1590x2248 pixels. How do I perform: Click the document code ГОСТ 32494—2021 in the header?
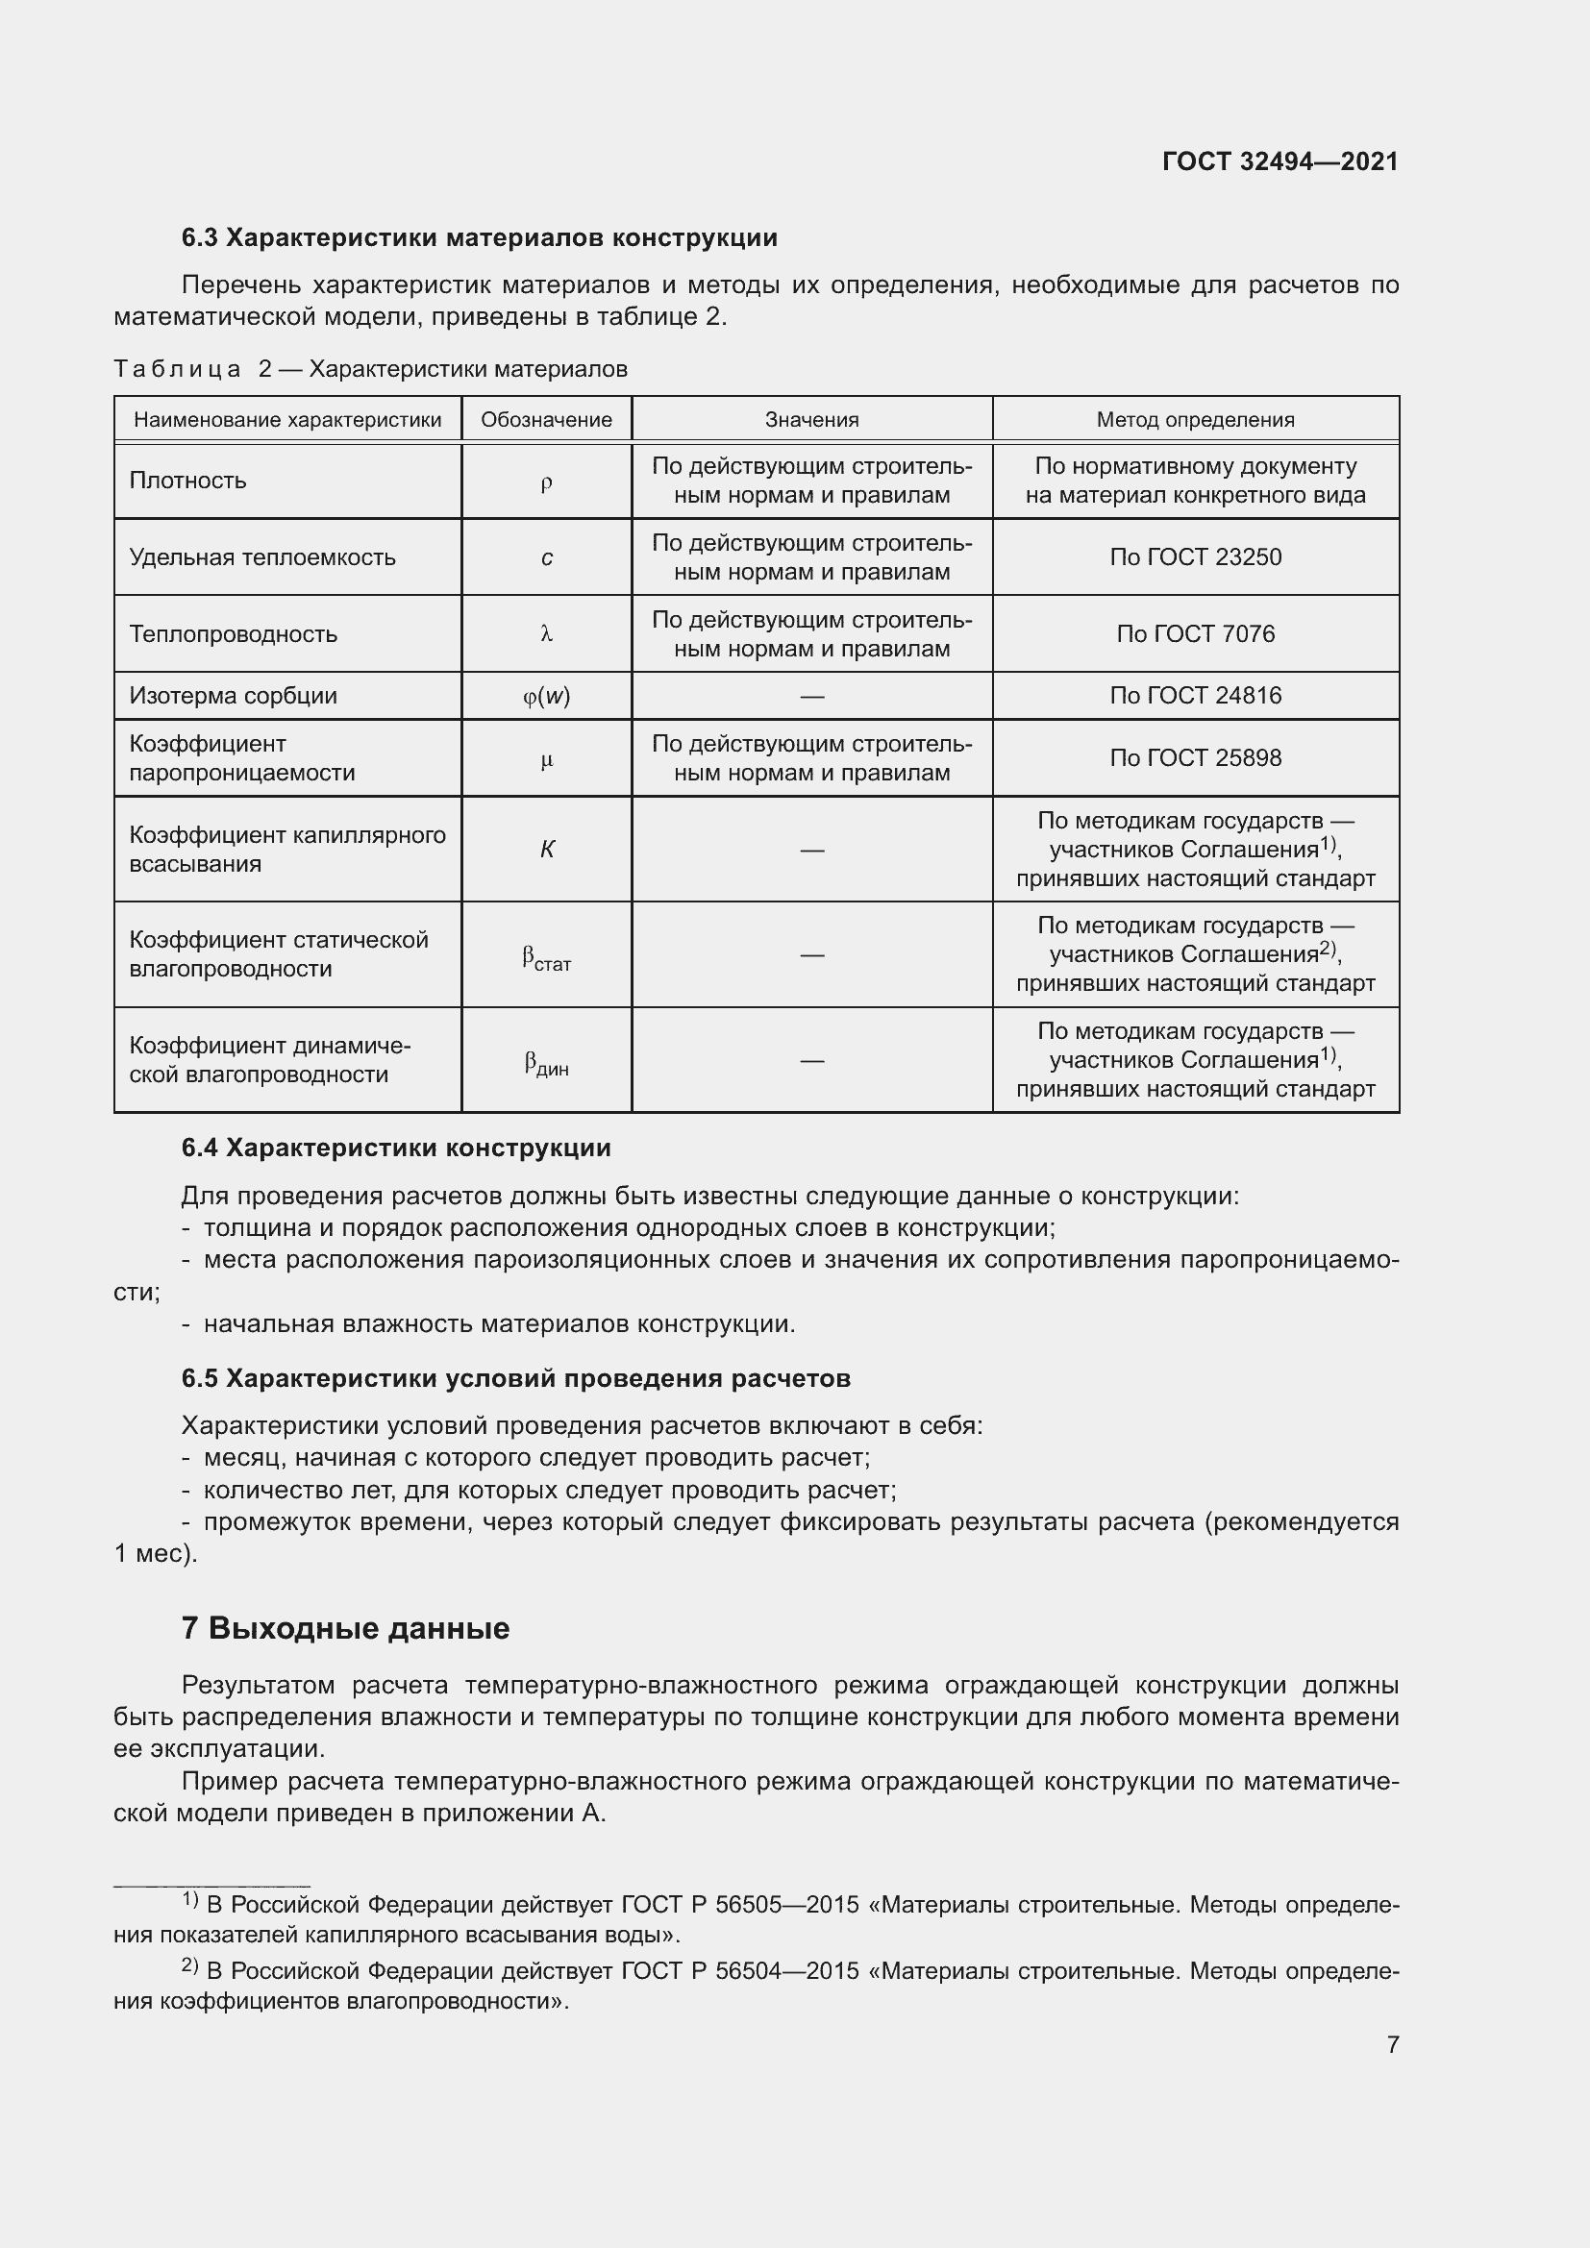coord(1279,161)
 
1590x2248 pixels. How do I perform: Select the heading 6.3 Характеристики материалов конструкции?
coord(479,238)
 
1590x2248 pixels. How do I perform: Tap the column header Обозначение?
coord(546,420)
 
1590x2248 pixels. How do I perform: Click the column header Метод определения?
coord(1195,420)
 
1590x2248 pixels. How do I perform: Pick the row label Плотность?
coord(188,481)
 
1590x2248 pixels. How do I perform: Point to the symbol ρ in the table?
coord(546,482)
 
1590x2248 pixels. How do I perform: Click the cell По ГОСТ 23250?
coord(1195,557)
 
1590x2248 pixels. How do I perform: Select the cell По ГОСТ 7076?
coord(1195,634)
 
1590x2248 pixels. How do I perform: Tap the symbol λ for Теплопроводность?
coord(546,634)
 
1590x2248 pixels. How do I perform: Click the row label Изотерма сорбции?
coord(233,696)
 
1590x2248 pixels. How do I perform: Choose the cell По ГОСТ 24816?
coord(1195,696)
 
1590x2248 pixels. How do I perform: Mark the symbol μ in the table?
coord(546,760)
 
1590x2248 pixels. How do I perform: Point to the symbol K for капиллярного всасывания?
coord(546,850)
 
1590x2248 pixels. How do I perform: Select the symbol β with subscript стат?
coord(546,957)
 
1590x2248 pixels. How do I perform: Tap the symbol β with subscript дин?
coord(546,1063)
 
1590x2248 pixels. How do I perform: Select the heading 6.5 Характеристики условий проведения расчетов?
coord(515,1378)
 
